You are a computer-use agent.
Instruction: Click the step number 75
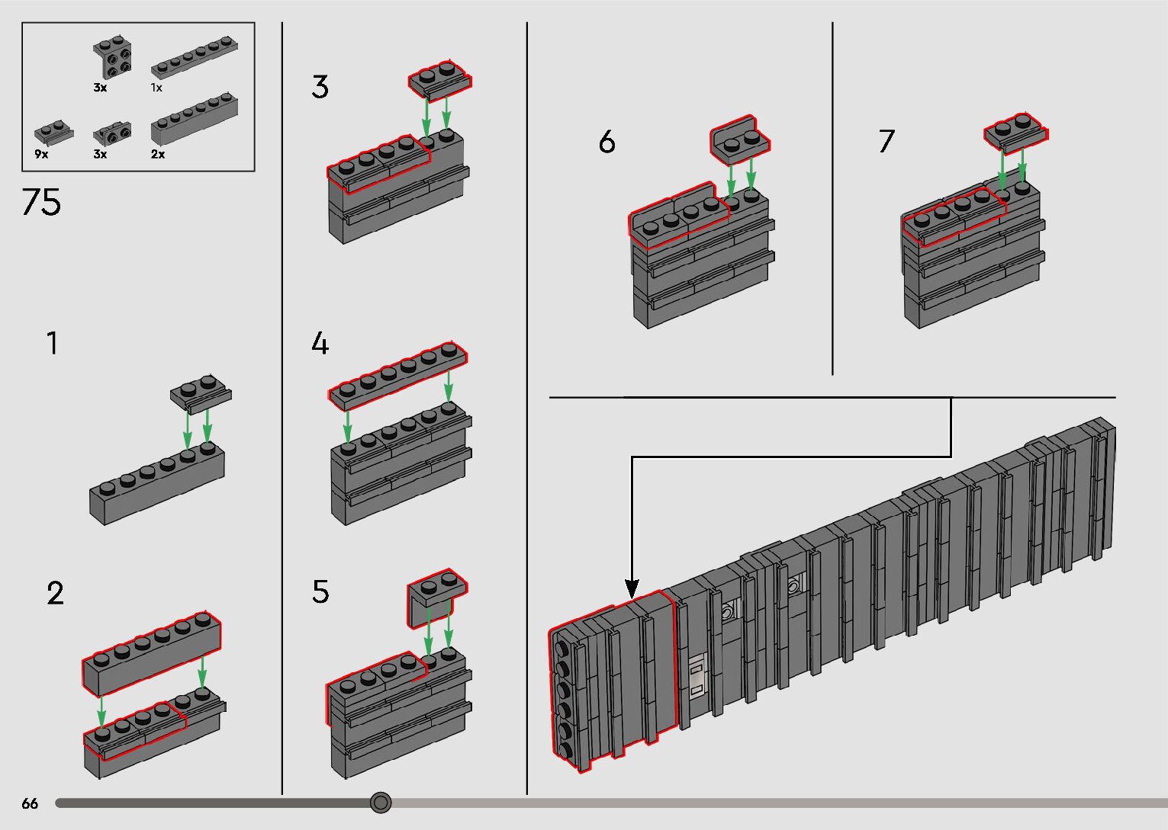tap(41, 202)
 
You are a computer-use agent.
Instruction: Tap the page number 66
tap(30, 803)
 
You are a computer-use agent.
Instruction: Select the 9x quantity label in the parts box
tap(41, 154)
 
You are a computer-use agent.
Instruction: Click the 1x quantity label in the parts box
tap(156, 88)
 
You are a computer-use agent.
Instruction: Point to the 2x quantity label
tap(158, 154)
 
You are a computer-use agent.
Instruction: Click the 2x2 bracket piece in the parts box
tap(112, 57)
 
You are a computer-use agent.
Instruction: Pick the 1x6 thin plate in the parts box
tap(195, 57)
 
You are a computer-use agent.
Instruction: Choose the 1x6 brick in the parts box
tap(195, 120)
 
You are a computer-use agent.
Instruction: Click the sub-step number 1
tap(52, 343)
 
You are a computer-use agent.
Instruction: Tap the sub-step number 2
tap(55, 593)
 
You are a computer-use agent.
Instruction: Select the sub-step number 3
tap(320, 86)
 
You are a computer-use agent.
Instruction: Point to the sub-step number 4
tap(320, 344)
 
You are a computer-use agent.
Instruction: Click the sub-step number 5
tap(320, 592)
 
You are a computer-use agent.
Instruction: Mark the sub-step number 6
tap(607, 142)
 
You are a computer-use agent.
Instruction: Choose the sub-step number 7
tap(887, 141)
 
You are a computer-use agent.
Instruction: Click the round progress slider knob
tap(381, 803)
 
